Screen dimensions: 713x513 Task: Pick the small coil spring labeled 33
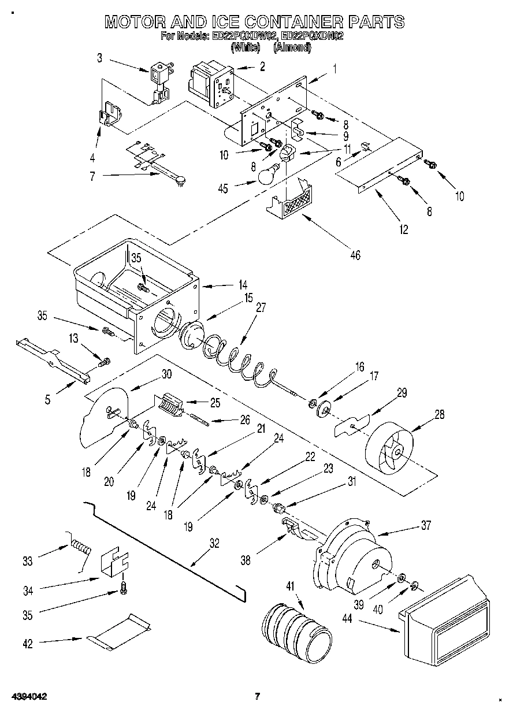tap(80, 545)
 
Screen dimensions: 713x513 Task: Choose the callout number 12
tap(403, 230)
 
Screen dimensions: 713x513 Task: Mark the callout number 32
tap(214, 543)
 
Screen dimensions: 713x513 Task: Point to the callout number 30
tap(166, 373)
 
